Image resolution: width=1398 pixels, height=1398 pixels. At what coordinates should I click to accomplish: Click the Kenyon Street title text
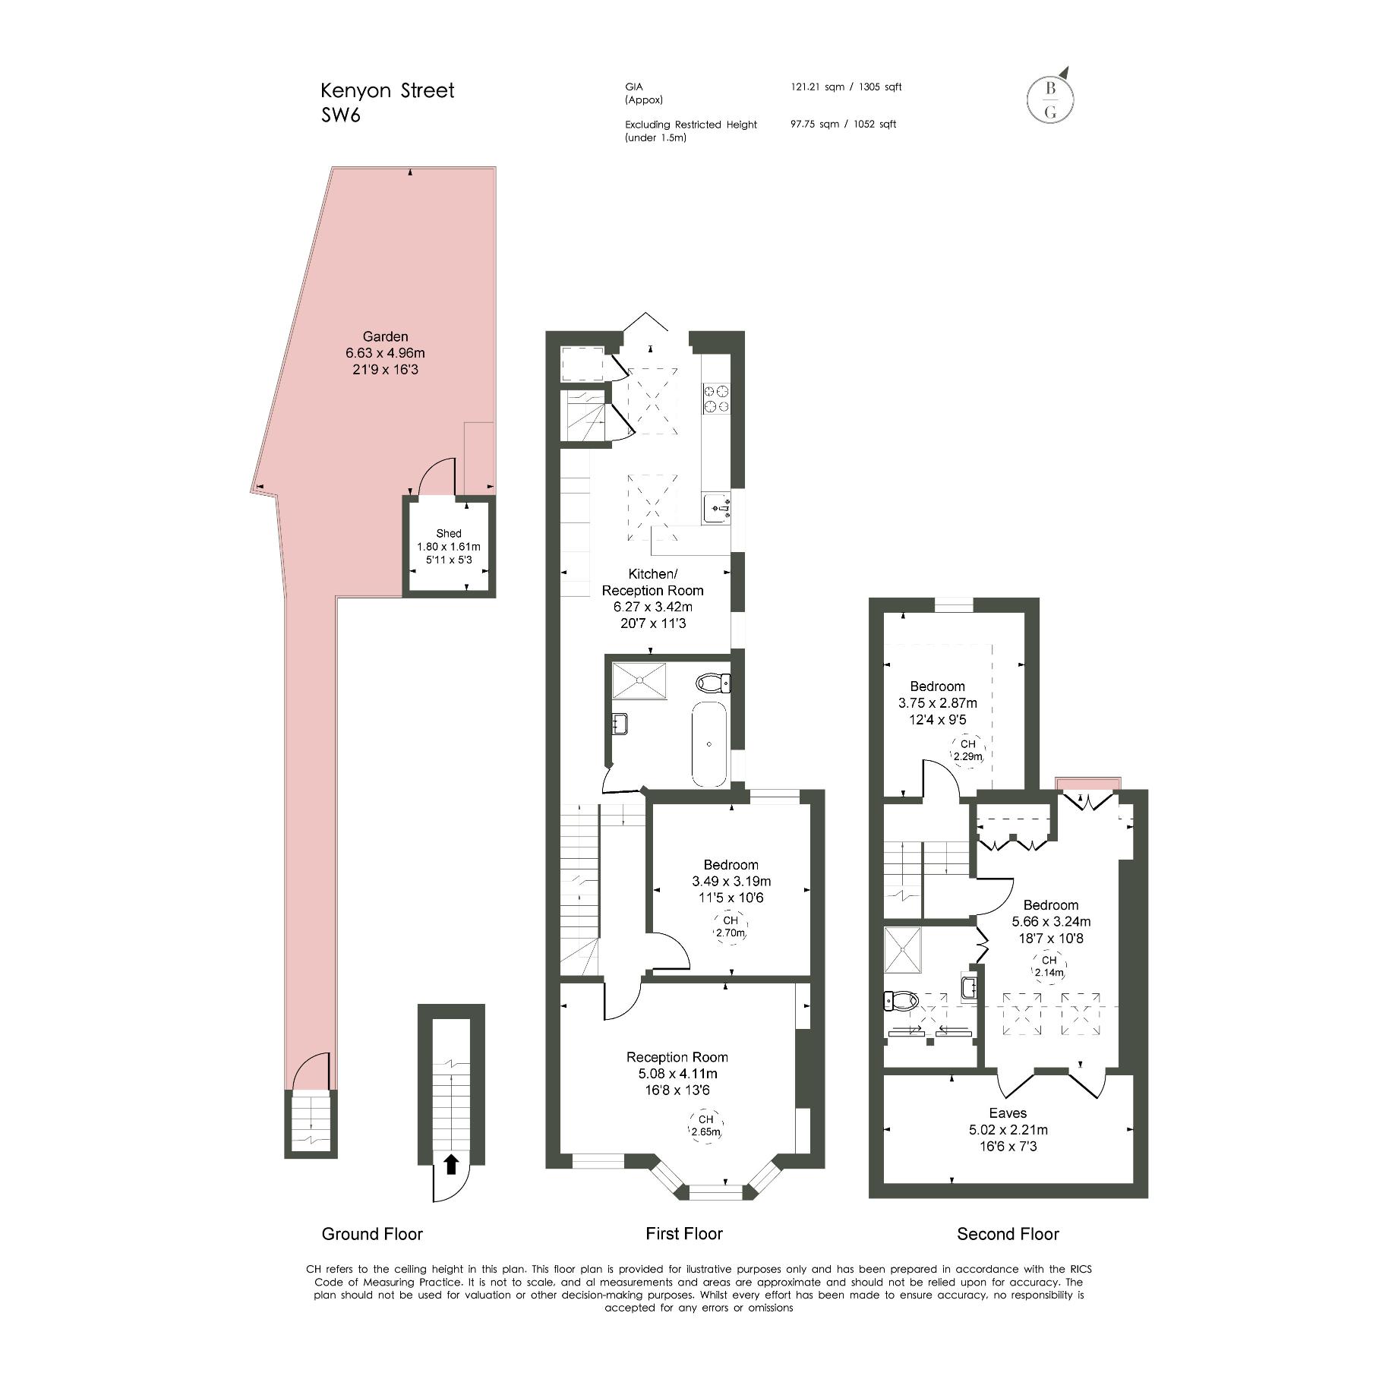[x=387, y=90]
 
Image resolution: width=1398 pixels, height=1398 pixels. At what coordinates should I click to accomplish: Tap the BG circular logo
[x=1051, y=99]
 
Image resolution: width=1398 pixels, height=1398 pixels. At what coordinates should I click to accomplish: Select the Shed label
[x=449, y=533]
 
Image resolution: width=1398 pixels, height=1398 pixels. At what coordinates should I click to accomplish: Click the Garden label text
[x=385, y=336]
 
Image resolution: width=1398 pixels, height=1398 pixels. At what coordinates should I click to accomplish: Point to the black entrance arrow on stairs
[x=451, y=1163]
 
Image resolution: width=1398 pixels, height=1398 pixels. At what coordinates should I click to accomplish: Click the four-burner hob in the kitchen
[x=717, y=399]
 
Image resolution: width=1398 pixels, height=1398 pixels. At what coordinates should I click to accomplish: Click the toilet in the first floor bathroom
[x=714, y=683]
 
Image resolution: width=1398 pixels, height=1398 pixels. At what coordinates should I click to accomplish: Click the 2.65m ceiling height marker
[x=706, y=1125]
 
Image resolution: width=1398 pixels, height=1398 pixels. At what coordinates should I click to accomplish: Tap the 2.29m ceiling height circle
[x=967, y=750]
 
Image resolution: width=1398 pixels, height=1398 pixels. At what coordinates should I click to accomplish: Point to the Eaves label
[x=1008, y=1113]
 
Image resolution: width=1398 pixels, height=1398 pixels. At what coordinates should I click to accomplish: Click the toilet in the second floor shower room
[x=900, y=1001]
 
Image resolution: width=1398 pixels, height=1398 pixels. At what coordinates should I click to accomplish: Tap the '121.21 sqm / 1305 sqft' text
[x=846, y=87]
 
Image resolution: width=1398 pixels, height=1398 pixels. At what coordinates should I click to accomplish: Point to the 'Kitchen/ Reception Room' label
[x=653, y=582]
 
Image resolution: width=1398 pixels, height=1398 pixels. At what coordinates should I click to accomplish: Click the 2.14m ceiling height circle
[x=1049, y=967]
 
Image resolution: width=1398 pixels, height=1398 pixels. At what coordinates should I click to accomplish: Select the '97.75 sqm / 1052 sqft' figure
[x=843, y=124]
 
